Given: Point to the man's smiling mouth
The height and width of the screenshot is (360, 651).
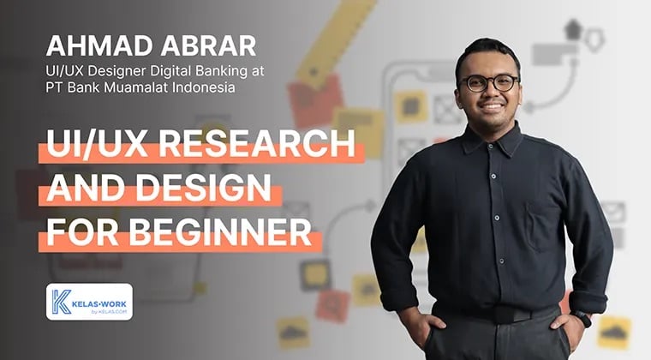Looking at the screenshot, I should pyautogui.click(x=490, y=108).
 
